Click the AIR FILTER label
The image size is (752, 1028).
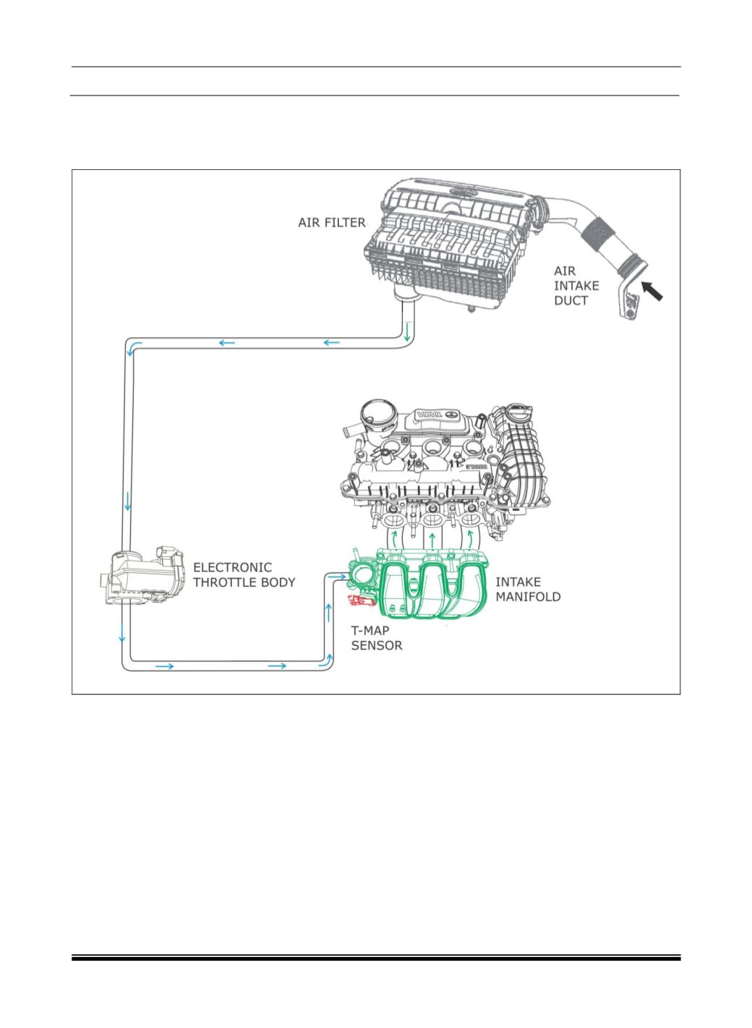(331, 223)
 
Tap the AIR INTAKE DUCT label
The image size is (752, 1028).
(576, 286)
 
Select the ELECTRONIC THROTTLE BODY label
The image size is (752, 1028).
(244, 574)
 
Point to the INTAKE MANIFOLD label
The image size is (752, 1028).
(528, 590)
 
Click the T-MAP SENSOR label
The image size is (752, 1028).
(376, 638)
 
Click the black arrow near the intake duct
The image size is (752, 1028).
(651, 291)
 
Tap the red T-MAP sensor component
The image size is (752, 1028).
(361, 600)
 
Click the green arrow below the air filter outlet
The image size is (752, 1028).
(406, 332)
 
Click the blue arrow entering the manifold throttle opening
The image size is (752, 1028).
(337, 576)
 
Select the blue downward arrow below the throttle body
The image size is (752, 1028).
(122, 633)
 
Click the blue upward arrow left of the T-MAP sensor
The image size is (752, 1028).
(328, 613)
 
